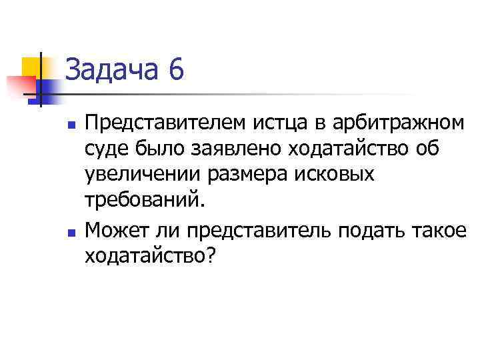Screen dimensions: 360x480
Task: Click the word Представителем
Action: click(166, 124)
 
